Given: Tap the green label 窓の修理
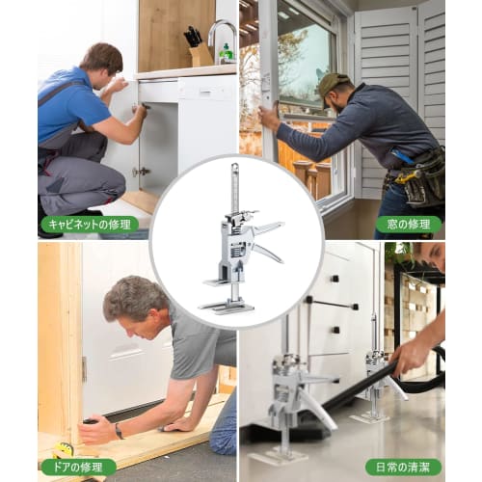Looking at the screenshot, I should [408, 225].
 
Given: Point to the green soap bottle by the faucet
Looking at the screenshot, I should [226, 53].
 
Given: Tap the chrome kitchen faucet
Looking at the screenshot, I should [218, 34].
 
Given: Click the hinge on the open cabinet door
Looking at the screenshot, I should [141, 172].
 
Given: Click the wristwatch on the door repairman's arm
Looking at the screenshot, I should [118, 431].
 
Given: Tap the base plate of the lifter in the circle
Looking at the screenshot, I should [227, 306].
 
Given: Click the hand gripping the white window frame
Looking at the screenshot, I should [267, 115].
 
